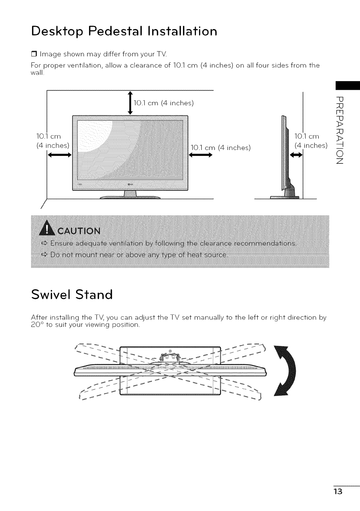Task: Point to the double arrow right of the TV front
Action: [199, 155]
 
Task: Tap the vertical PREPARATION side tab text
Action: [340, 131]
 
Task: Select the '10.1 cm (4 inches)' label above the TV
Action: [164, 103]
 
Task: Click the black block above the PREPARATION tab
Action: [347, 85]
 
